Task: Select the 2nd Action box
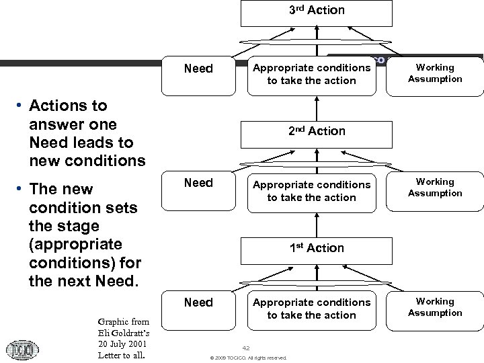[x=316, y=132]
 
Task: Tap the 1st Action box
[x=316, y=249]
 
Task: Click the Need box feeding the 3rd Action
[x=198, y=69]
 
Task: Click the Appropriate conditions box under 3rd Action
[x=311, y=74]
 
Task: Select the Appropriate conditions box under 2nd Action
[x=311, y=191]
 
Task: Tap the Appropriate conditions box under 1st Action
[x=311, y=309]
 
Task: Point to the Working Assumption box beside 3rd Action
[x=435, y=73]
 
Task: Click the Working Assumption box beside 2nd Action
[x=435, y=188]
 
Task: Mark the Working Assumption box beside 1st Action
[x=435, y=307]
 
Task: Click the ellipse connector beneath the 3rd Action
[x=316, y=42]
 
